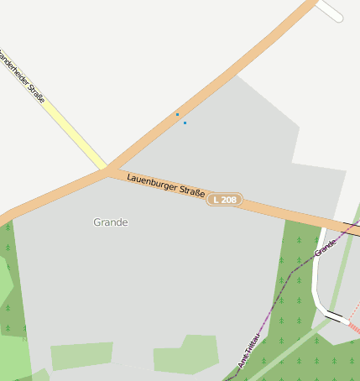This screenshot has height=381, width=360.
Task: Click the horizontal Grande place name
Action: [x=111, y=222]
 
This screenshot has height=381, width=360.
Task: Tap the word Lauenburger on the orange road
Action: [x=152, y=183]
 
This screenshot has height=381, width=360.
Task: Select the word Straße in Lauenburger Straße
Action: [x=192, y=193]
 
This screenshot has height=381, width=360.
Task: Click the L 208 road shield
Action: [x=226, y=200]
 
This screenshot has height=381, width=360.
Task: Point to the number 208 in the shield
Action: [x=231, y=200]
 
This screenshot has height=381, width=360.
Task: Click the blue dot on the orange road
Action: [x=177, y=114]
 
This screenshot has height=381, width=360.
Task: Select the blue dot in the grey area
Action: [x=185, y=123]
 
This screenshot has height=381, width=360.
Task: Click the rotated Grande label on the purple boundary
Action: [x=325, y=247]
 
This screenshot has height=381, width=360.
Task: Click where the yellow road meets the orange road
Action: [x=107, y=169]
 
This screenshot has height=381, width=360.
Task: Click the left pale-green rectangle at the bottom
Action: [x=81, y=355]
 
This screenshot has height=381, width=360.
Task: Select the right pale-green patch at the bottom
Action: [x=186, y=355]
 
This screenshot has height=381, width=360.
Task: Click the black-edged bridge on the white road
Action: [x=337, y=316]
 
